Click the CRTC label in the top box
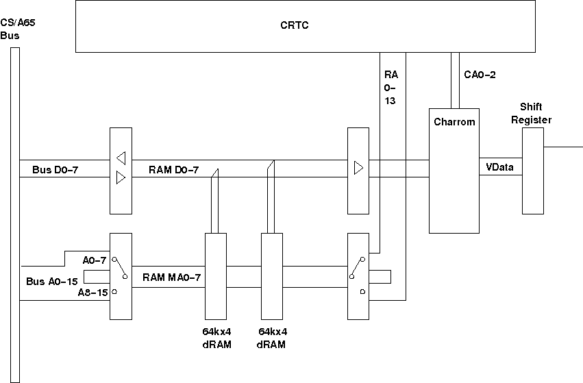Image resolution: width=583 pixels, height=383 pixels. [295, 25]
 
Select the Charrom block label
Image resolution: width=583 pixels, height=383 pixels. [454, 122]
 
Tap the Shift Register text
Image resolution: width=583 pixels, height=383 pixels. [536, 113]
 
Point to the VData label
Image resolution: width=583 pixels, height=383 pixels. [499, 166]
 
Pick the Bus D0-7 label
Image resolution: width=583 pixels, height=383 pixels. [55, 169]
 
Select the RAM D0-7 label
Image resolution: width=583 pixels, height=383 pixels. [174, 169]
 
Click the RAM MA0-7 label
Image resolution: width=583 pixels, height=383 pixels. [171, 277]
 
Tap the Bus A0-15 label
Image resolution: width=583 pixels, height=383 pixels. [52, 281]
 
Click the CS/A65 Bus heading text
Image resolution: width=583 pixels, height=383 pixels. [18, 29]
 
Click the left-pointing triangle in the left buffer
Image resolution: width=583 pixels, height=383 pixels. [121, 158]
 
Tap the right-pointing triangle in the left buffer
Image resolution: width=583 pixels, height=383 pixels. [121, 179]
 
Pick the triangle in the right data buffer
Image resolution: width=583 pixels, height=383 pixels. [358, 168]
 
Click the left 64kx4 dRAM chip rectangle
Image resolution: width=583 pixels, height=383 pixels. [216, 275]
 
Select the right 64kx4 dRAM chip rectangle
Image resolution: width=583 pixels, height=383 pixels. [272, 275]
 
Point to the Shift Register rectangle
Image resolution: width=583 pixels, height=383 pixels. [533, 171]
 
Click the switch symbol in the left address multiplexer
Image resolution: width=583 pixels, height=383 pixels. [121, 268]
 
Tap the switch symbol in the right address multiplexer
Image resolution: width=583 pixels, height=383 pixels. [358, 268]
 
